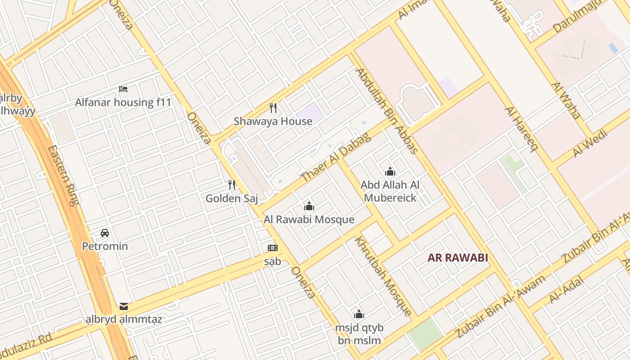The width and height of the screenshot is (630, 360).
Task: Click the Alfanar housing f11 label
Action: (x=123, y=102)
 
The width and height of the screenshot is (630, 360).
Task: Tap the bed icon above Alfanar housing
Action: (x=123, y=89)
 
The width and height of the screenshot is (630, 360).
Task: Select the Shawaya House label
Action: (x=273, y=121)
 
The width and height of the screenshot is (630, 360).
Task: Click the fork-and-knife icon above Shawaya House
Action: (x=273, y=108)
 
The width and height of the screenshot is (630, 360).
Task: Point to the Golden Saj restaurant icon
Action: (x=232, y=185)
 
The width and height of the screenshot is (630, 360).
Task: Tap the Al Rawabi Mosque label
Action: (x=309, y=220)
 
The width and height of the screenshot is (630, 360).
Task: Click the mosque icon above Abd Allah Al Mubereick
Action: (x=390, y=171)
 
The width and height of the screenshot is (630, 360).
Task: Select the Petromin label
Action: (x=105, y=246)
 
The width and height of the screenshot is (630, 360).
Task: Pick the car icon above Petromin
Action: (x=105, y=233)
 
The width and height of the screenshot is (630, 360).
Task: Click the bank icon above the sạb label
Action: (x=272, y=248)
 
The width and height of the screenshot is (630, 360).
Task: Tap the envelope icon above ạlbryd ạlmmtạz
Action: (x=124, y=307)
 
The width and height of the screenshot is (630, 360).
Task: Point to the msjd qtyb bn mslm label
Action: (x=359, y=334)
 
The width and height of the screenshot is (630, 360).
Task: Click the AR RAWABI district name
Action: (x=458, y=258)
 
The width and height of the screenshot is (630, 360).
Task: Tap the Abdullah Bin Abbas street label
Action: (x=387, y=111)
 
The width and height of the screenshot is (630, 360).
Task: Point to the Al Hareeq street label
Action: (x=521, y=130)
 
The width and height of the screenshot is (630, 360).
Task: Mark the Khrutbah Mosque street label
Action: (x=383, y=276)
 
